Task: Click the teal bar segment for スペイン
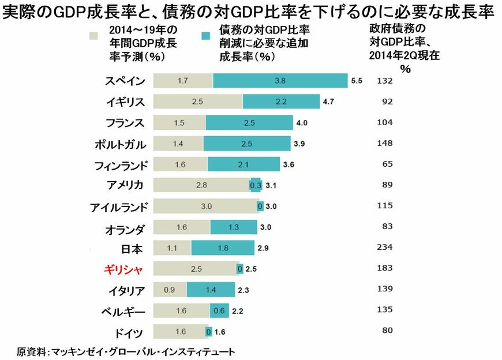(x=280, y=81)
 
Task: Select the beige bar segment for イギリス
(x=198, y=102)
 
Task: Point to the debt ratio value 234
(x=383, y=247)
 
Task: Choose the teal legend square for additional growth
(x=206, y=35)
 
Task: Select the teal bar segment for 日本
(x=223, y=248)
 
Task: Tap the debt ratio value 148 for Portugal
(x=383, y=144)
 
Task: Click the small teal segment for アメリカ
(x=255, y=185)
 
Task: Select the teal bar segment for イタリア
(x=211, y=290)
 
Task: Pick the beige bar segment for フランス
(x=179, y=123)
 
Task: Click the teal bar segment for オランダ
(x=234, y=227)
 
